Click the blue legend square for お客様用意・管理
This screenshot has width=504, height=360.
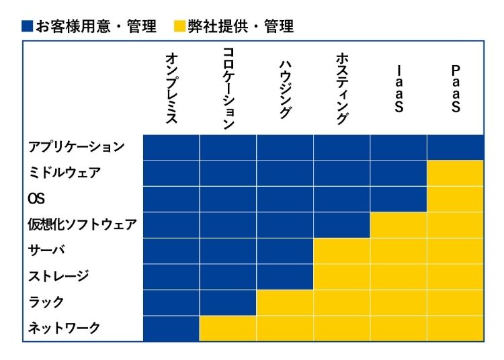tap(27, 27)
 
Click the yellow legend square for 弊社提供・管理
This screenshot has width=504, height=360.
tap(179, 27)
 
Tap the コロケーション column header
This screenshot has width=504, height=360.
tap(228, 88)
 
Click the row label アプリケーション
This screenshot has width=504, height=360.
tap(76, 147)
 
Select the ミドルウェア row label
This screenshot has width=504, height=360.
tap(65, 173)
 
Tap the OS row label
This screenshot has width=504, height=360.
tap(36, 199)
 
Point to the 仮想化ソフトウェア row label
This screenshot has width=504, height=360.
tap(83, 224)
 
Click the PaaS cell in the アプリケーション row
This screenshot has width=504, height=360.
tap(455, 147)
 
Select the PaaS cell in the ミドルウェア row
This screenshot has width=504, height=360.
tap(455, 173)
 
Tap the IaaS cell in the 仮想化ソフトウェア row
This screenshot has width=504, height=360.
tap(398, 224)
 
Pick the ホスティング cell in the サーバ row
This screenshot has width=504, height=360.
tap(341, 250)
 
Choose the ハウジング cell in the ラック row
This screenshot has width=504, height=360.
tap(285, 302)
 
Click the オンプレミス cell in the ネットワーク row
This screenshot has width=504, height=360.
tap(171, 328)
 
